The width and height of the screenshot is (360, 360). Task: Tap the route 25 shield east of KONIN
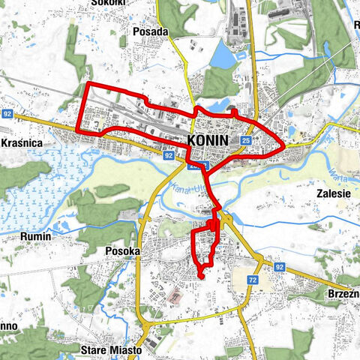(247, 140)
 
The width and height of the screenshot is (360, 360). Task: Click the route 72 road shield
(252, 279)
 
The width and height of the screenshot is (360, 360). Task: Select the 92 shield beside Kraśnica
(7, 114)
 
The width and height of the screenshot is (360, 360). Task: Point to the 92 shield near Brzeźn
(279, 266)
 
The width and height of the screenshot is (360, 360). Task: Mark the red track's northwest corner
(88, 84)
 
